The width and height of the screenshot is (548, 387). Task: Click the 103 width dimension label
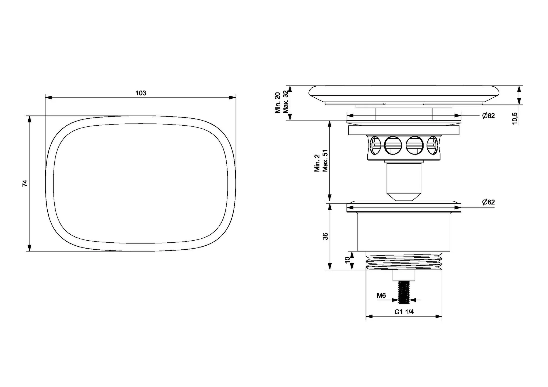click(x=141, y=93)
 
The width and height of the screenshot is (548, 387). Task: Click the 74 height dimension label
click(x=25, y=183)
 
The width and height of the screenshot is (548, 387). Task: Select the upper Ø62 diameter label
click(x=488, y=116)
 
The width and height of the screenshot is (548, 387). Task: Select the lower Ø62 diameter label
click(x=488, y=202)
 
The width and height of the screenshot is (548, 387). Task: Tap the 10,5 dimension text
click(x=515, y=118)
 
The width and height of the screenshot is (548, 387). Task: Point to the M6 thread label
click(x=381, y=296)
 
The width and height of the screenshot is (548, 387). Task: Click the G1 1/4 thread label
click(x=404, y=312)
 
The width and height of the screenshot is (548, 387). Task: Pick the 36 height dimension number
click(x=325, y=236)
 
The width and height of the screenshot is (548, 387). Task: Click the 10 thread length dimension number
click(x=347, y=260)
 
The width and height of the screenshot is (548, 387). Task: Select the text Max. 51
click(x=325, y=160)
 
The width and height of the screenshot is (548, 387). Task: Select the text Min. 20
click(x=277, y=103)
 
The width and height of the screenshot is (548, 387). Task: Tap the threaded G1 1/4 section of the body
click(x=404, y=261)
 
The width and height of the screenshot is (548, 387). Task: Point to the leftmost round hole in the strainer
click(x=375, y=146)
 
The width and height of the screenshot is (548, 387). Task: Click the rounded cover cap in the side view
click(x=404, y=94)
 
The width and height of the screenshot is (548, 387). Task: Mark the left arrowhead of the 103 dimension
click(x=48, y=98)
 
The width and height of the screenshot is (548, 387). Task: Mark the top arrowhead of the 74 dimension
click(x=29, y=119)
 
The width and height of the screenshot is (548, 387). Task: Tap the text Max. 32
click(x=286, y=102)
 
